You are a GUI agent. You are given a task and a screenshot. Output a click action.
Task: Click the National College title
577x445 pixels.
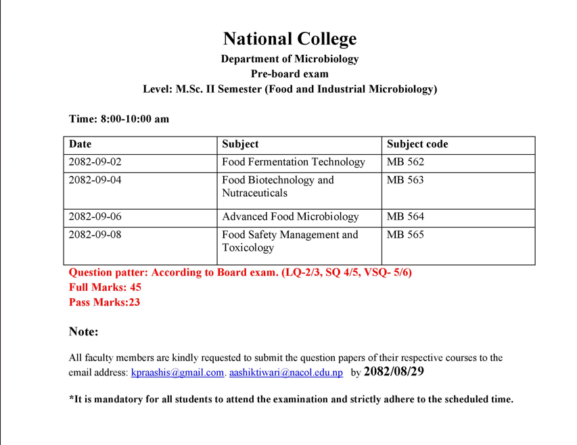pos(290,39)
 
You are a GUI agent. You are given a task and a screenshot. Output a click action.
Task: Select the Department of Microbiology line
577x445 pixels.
pos(290,59)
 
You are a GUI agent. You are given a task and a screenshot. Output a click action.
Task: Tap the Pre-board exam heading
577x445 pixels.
pos(290,74)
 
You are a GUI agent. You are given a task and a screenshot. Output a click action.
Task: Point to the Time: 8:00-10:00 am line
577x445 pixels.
pos(119,119)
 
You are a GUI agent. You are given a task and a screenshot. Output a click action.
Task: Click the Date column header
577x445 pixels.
pos(80,144)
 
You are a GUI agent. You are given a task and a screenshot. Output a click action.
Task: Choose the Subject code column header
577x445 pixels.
pos(417,144)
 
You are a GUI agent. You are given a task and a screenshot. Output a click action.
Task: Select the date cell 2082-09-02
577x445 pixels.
pos(95,162)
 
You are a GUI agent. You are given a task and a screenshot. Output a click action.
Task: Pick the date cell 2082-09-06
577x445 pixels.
pos(95,217)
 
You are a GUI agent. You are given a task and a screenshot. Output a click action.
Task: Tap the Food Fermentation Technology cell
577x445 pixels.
pos(294,162)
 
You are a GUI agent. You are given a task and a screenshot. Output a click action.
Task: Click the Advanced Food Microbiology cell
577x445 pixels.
pos(290,217)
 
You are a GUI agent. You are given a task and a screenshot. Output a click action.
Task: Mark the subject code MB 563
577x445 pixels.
pos(405,181)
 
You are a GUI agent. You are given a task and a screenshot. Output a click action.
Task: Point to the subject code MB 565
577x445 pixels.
pos(405,235)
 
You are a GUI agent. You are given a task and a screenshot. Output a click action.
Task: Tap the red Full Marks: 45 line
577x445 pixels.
pos(105,287)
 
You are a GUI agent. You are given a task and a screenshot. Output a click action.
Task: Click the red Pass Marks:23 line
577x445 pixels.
pos(104,302)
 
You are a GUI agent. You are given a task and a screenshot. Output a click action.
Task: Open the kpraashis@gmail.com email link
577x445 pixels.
pos(177,373)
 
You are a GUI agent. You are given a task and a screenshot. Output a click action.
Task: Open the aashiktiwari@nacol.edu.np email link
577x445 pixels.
pos(286,373)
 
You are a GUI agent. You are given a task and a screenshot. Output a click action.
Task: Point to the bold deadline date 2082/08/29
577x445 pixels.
pos(394,372)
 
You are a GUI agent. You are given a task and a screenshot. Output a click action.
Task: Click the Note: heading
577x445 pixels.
pos(84,332)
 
